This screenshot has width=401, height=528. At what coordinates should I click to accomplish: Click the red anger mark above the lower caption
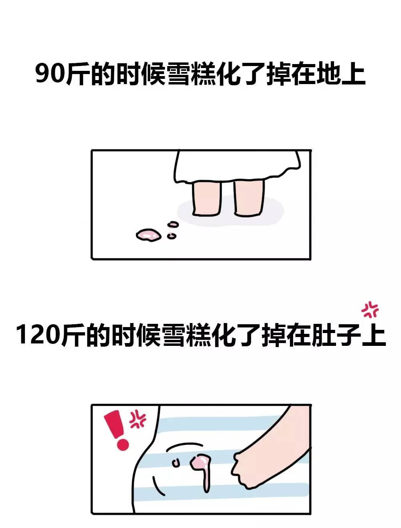370,309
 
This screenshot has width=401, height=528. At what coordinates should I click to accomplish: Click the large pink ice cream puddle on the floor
148,235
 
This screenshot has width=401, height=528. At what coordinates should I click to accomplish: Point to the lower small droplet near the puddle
172,236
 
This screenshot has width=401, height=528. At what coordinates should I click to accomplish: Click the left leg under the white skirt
207,198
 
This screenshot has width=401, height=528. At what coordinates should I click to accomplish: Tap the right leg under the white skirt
249,198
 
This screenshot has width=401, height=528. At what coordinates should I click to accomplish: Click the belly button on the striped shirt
175,463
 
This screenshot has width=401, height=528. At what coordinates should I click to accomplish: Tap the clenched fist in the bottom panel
247,468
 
